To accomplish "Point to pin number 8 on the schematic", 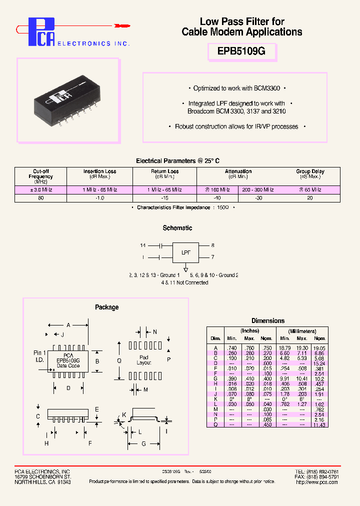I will tap(212, 245).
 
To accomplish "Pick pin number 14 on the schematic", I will tap(143, 245).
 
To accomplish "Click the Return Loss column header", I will tap(164, 173).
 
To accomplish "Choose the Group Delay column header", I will tap(310, 173).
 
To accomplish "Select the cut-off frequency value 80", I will tap(40, 198).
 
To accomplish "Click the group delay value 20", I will tap(310, 198).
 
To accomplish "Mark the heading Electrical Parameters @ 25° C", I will tap(177, 161).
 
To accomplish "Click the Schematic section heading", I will tap(177, 228).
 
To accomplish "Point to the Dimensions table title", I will tap(268, 321).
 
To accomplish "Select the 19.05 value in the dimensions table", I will tap(319, 348).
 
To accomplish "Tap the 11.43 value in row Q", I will tap(319, 424).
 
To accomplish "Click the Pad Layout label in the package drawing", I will tap(144, 359).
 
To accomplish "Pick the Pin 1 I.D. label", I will tap(39, 356).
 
